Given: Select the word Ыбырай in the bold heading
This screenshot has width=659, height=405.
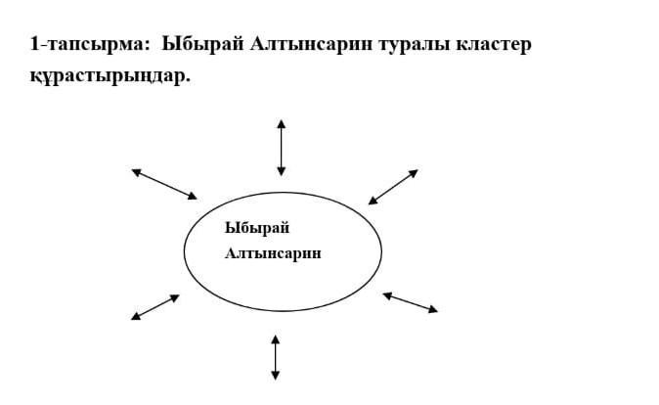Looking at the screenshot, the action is point(202,44).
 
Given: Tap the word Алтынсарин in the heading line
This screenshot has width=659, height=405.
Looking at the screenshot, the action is point(312,43).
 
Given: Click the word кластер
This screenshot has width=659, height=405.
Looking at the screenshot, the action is point(494,44).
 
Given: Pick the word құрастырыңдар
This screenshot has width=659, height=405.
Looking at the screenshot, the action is point(110,76).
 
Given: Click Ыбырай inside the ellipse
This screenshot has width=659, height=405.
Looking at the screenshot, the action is point(257,228).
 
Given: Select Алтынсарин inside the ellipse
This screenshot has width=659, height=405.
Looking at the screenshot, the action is point(273,253).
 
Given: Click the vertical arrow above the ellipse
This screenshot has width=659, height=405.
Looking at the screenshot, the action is point(282,148).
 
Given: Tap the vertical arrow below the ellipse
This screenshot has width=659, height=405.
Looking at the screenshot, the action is point(276,357).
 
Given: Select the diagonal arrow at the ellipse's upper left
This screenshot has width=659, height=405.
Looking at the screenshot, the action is point(164,184).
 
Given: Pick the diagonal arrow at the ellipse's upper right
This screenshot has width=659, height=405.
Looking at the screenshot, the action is point(393,187).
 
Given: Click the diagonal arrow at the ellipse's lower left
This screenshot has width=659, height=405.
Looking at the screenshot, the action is point(155,307).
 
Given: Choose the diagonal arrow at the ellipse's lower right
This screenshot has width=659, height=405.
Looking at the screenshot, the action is point(411,302).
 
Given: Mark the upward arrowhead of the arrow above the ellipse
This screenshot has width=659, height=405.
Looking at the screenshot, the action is point(282,123).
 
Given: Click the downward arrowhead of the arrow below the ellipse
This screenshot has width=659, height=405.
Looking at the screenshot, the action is point(276,376).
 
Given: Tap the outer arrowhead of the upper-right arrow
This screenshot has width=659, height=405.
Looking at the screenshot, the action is point(414,173).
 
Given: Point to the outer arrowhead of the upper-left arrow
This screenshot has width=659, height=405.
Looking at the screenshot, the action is point(136,171).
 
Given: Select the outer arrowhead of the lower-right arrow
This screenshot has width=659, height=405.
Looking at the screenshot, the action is point(433,309).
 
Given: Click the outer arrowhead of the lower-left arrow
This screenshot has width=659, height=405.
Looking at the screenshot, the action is point(136,317).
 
